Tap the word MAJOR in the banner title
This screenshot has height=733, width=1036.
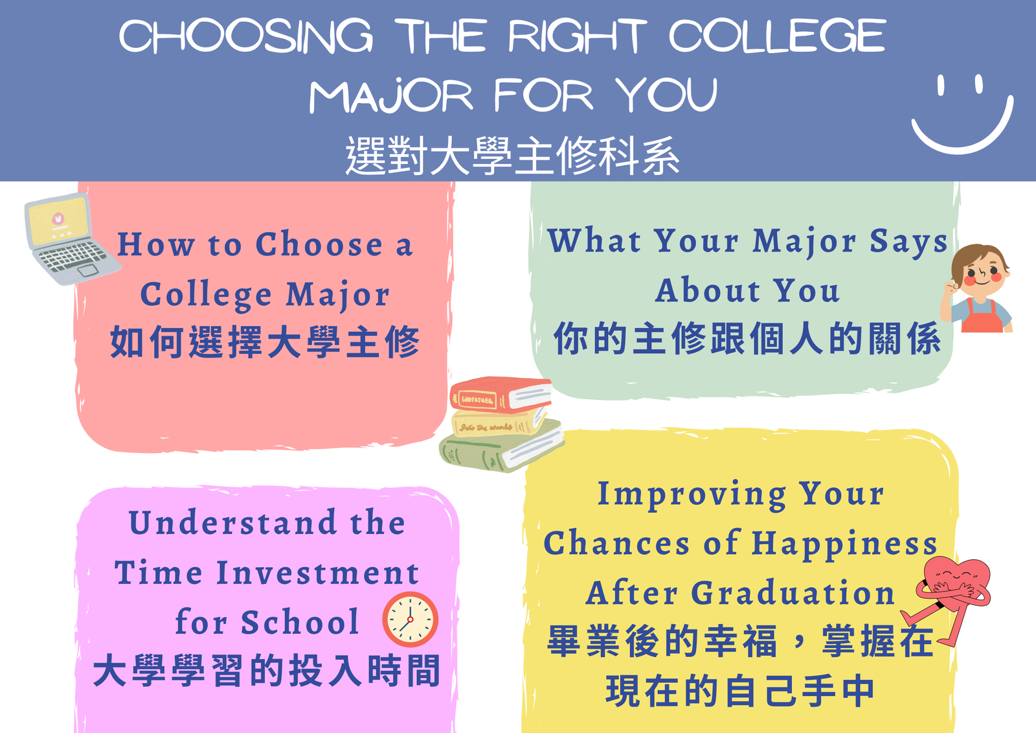pyautogui.click(x=391, y=96)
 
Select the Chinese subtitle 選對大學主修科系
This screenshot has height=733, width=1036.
pyautogui.click(x=512, y=156)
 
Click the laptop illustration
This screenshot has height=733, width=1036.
pyautogui.click(x=69, y=239)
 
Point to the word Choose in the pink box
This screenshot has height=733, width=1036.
pyautogui.click(x=319, y=245)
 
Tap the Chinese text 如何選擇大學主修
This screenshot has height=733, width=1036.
pyautogui.click(x=265, y=342)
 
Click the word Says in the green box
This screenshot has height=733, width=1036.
pyautogui.click(x=908, y=241)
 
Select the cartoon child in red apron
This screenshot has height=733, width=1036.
pyautogui.click(x=978, y=288)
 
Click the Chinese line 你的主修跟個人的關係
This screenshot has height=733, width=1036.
pyautogui.click(x=747, y=338)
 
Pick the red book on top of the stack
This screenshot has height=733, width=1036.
pyautogui.click(x=501, y=394)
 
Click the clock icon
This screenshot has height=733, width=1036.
pyautogui.click(x=410, y=619)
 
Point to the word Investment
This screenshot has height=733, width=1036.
pyautogui.click(x=317, y=573)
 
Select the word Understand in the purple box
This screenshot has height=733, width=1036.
pyautogui.click(x=233, y=522)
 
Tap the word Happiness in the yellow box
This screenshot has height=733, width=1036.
pyautogui.click(x=844, y=543)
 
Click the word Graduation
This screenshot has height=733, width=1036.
pyautogui.click(x=793, y=592)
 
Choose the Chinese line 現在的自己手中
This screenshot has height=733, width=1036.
pyautogui.click(x=740, y=691)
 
